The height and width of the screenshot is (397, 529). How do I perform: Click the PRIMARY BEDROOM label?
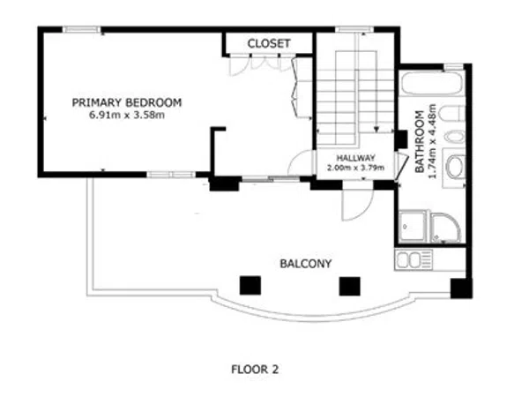[x=127, y=102]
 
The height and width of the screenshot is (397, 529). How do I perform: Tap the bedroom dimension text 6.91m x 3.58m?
[x=127, y=115]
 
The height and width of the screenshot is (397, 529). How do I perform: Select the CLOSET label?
[x=269, y=43]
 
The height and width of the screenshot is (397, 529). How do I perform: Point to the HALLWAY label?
[x=355, y=158]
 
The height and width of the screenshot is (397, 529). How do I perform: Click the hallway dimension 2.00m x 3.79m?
[x=355, y=168]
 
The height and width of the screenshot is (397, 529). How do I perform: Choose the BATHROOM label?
[x=420, y=142]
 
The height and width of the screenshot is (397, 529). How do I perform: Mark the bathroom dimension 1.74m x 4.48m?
[x=432, y=141]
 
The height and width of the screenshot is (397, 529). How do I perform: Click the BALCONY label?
[x=306, y=264]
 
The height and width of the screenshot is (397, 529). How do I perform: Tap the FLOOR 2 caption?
[x=255, y=370]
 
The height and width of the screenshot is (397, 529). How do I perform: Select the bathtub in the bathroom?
[x=431, y=84]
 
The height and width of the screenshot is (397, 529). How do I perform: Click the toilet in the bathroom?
[x=453, y=114]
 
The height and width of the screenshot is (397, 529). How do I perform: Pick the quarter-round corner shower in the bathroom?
[x=446, y=228]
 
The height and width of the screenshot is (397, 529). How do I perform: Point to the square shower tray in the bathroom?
[x=413, y=228]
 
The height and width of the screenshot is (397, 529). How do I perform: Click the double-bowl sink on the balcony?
[x=414, y=259]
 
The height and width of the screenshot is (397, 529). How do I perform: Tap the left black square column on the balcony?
[x=250, y=286]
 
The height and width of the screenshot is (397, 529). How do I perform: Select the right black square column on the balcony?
[x=349, y=286]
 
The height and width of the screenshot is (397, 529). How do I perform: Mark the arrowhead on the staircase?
[x=376, y=128]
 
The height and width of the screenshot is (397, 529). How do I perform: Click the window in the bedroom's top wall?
[x=82, y=30]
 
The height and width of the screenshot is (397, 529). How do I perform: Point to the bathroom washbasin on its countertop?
[x=455, y=167]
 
